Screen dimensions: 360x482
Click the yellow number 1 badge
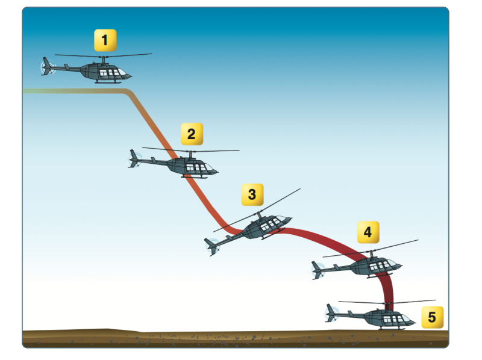pos(105,41)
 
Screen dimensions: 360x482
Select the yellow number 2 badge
pos(192,134)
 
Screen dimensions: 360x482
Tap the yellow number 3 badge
pos(252,194)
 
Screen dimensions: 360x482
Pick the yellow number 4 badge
pos(368,232)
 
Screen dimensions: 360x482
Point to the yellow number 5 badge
pos(432,317)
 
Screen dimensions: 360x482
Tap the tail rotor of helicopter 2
pos(134,159)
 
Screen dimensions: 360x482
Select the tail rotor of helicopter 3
pos(211,246)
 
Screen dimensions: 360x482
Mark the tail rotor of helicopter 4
pos(318,269)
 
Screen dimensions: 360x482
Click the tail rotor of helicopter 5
pos(331,312)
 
